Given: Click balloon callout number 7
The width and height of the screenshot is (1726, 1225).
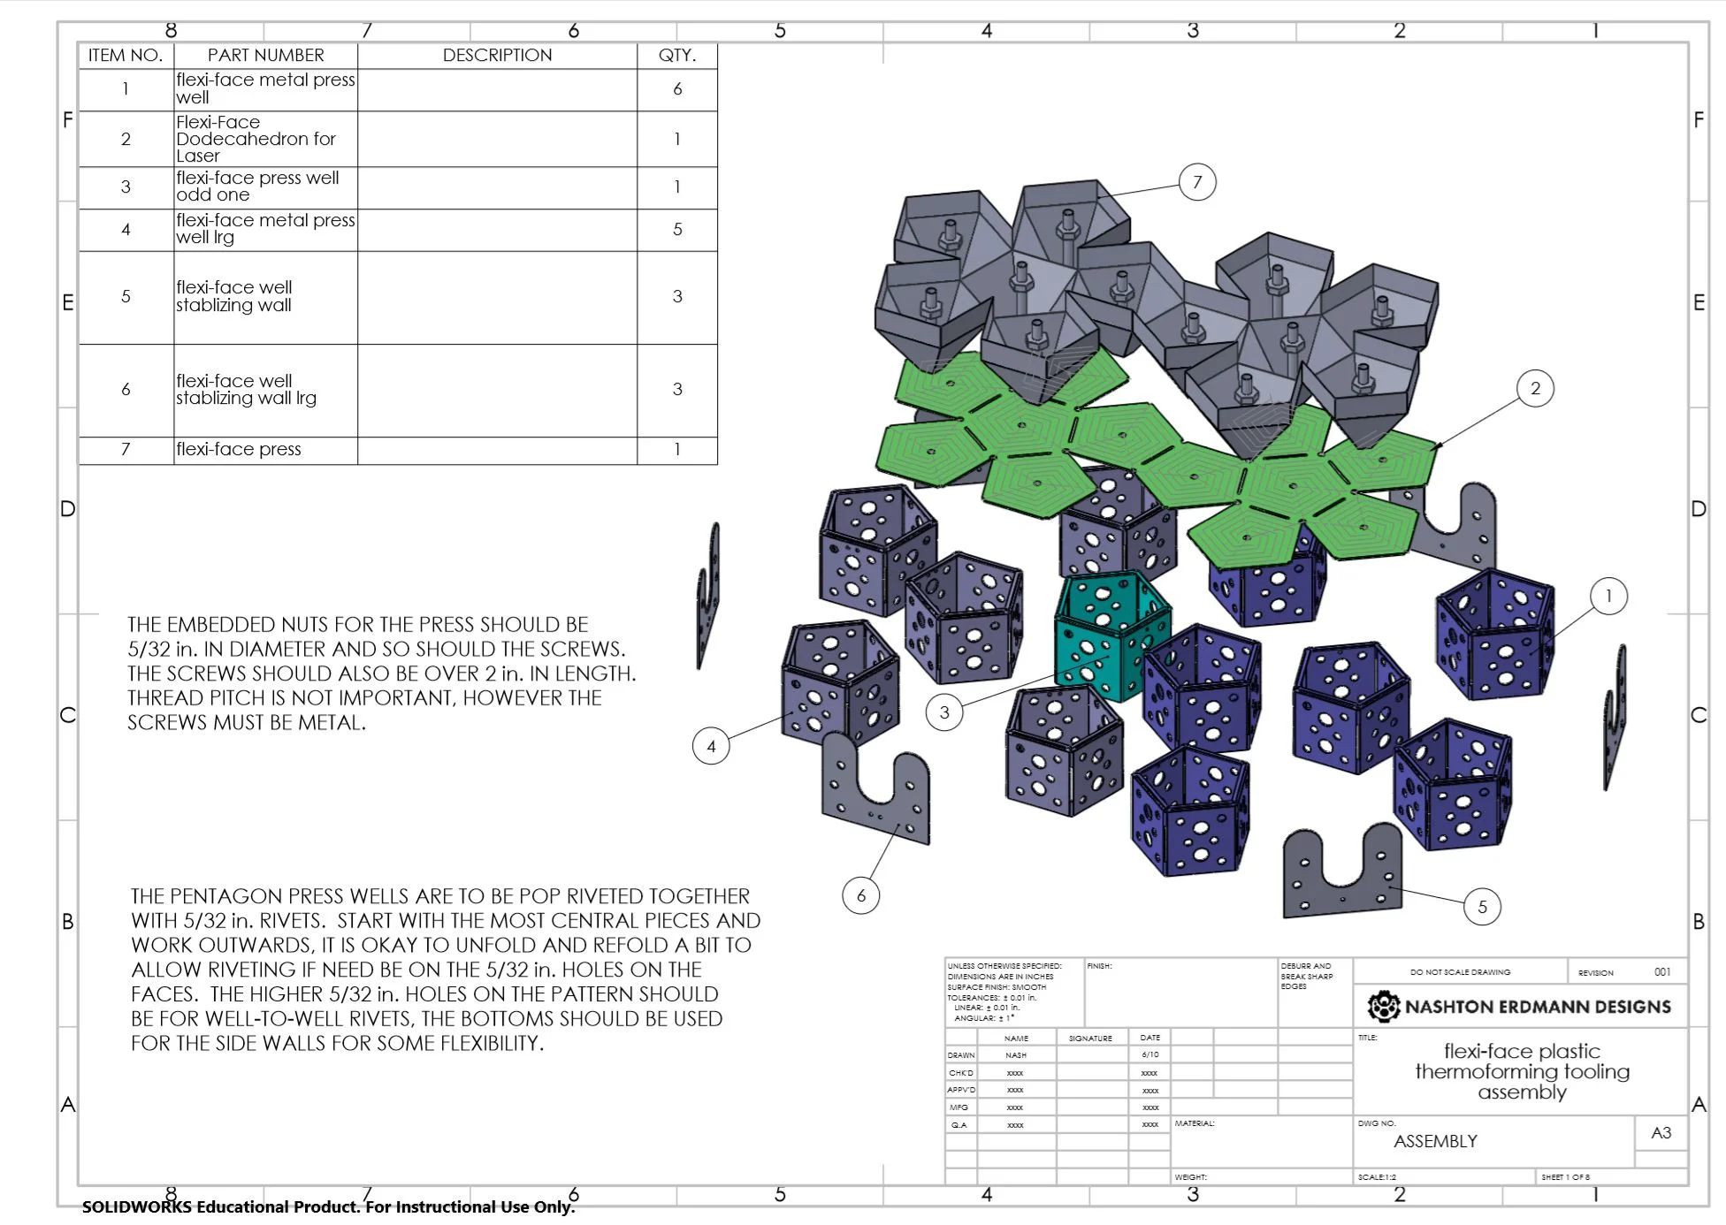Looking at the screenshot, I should click(x=1197, y=182).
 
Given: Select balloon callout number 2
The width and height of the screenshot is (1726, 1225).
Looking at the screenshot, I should click(x=1535, y=388).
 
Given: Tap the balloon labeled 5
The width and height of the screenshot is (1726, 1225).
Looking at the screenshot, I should click(x=1482, y=906).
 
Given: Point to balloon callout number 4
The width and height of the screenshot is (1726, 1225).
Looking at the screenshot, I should click(x=711, y=746).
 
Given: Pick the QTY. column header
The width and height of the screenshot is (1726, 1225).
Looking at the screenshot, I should click(x=676, y=55).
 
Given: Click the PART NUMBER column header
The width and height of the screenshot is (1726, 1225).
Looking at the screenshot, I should click(x=265, y=55).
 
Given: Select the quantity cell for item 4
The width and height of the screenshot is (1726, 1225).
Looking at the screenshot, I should click(x=676, y=229).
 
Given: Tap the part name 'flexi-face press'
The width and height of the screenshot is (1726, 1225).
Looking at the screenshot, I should click(x=239, y=449).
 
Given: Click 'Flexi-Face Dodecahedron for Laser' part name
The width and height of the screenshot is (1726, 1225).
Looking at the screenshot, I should click(x=255, y=139).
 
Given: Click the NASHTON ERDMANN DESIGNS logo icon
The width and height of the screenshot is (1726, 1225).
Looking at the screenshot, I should click(x=1383, y=1006).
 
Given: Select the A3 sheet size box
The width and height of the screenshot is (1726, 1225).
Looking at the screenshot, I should click(x=1661, y=1132).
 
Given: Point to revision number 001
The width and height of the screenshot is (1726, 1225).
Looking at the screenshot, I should click(x=1662, y=971).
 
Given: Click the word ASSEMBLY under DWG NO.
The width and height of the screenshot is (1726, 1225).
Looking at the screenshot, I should click(x=1435, y=1141).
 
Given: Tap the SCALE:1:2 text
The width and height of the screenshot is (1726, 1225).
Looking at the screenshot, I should click(x=1377, y=1177).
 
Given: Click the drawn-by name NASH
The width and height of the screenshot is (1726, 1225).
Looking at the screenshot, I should click(x=1016, y=1055).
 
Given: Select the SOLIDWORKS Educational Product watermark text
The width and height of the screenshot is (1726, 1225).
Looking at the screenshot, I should click(x=328, y=1206).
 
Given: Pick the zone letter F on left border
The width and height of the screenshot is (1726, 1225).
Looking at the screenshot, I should click(x=67, y=119).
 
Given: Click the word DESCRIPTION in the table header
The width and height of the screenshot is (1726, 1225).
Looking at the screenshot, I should click(x=497, y=55).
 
